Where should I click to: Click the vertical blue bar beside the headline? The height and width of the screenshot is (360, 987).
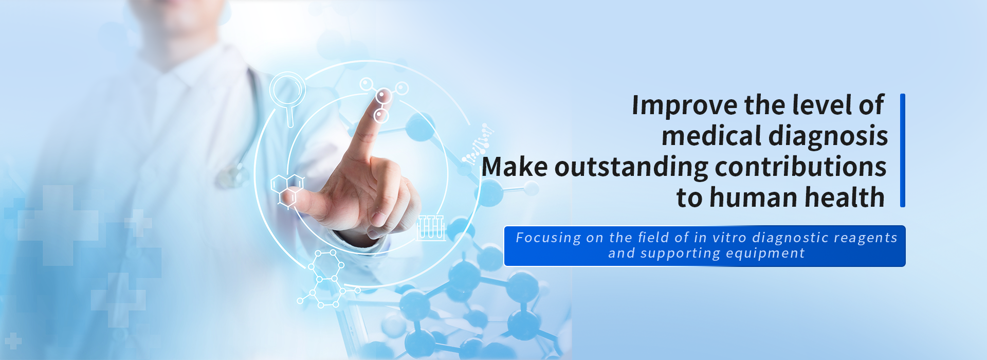tap(903, 150)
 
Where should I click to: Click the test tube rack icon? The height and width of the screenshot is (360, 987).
tap(431, 228)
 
